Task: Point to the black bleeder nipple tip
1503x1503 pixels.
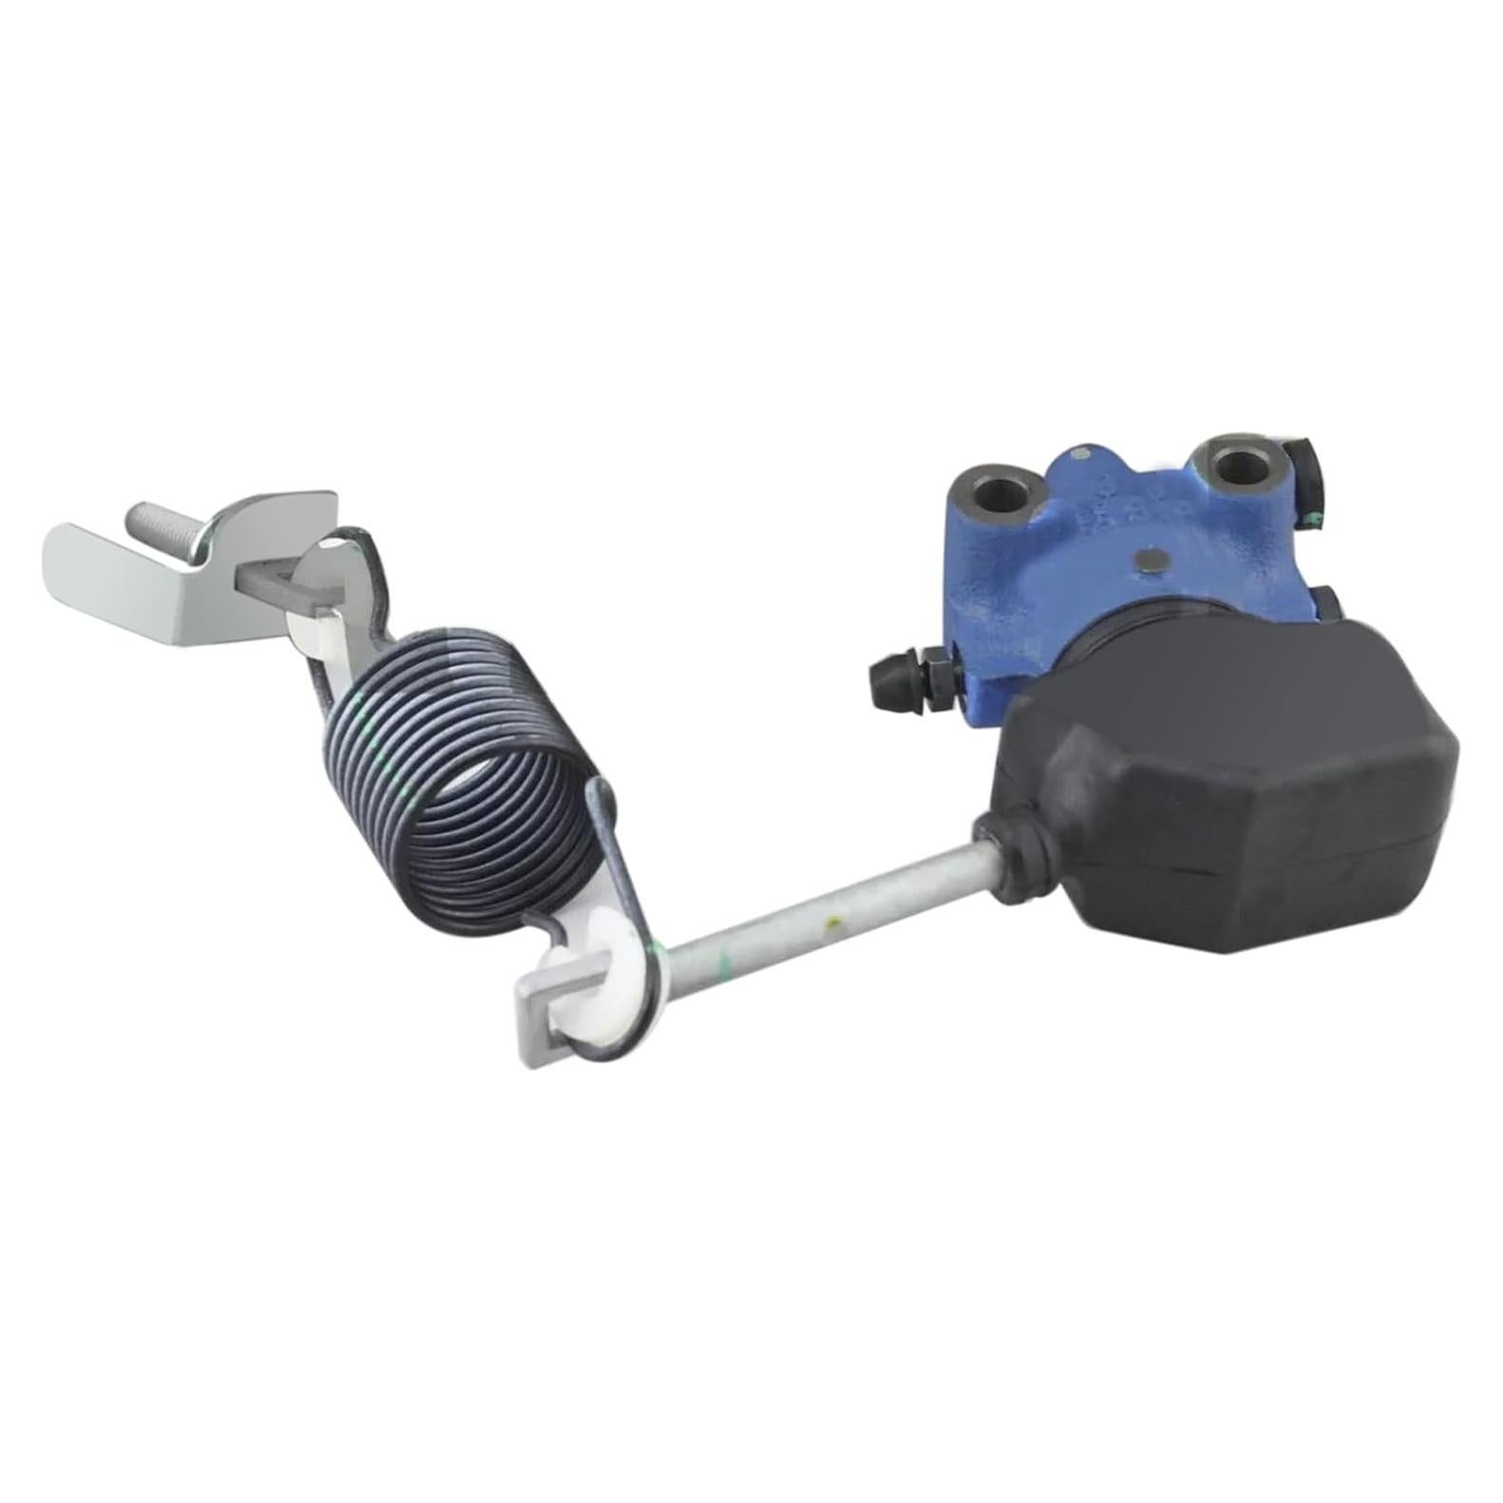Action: [882, 676]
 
